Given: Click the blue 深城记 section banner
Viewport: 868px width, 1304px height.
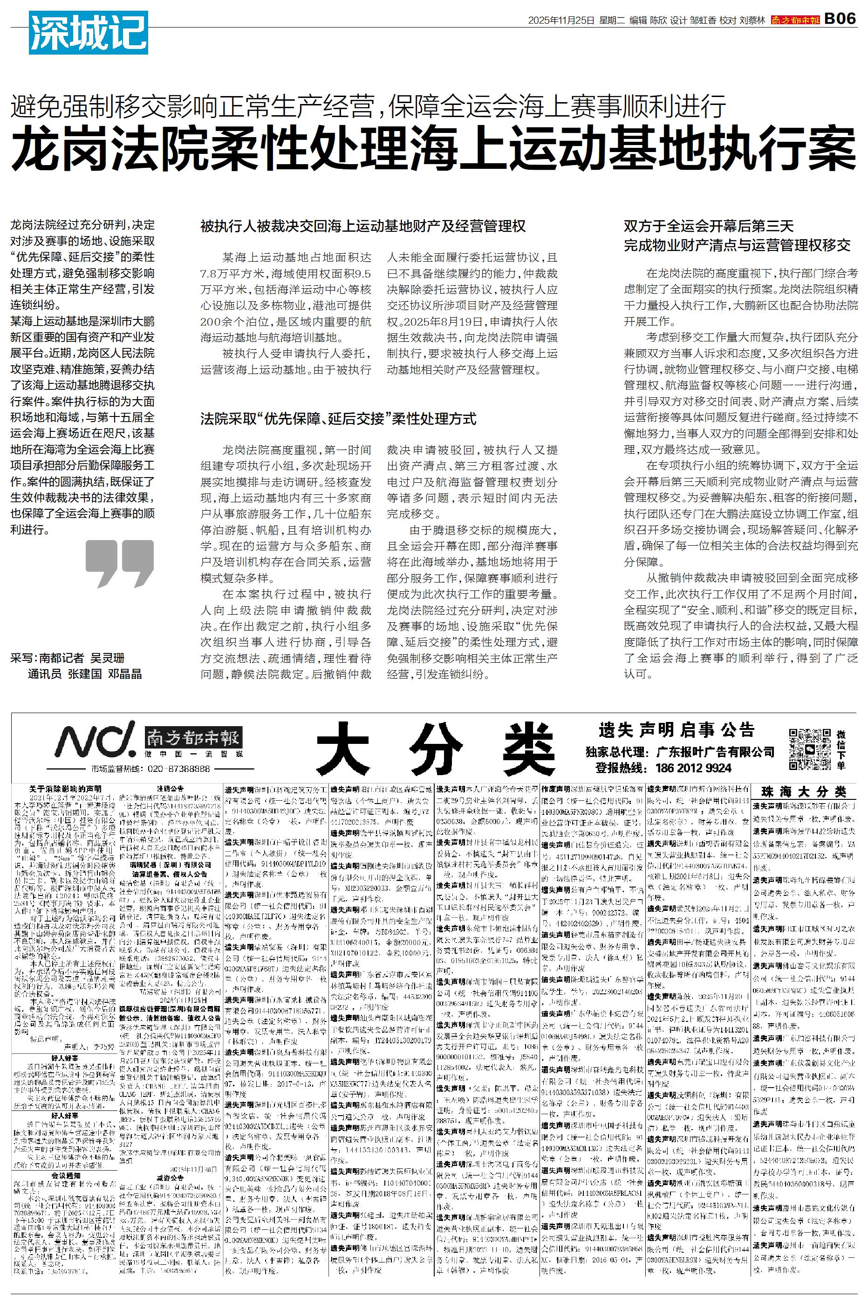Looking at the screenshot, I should (88, 33).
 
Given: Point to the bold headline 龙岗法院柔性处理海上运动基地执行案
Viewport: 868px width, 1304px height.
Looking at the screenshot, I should (433, 150).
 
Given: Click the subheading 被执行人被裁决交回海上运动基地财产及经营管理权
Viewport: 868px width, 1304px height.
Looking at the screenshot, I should (362, 227).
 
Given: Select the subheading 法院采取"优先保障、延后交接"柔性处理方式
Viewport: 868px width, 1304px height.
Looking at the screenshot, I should (338, 419).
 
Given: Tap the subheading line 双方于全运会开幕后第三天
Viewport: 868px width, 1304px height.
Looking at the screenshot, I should (709, 226).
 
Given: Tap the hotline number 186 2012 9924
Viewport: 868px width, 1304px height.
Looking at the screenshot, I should (693, 768).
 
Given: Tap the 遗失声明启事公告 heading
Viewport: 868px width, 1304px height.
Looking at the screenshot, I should (676, 729).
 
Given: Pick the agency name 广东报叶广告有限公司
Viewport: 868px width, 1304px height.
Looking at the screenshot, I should (715, 752).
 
